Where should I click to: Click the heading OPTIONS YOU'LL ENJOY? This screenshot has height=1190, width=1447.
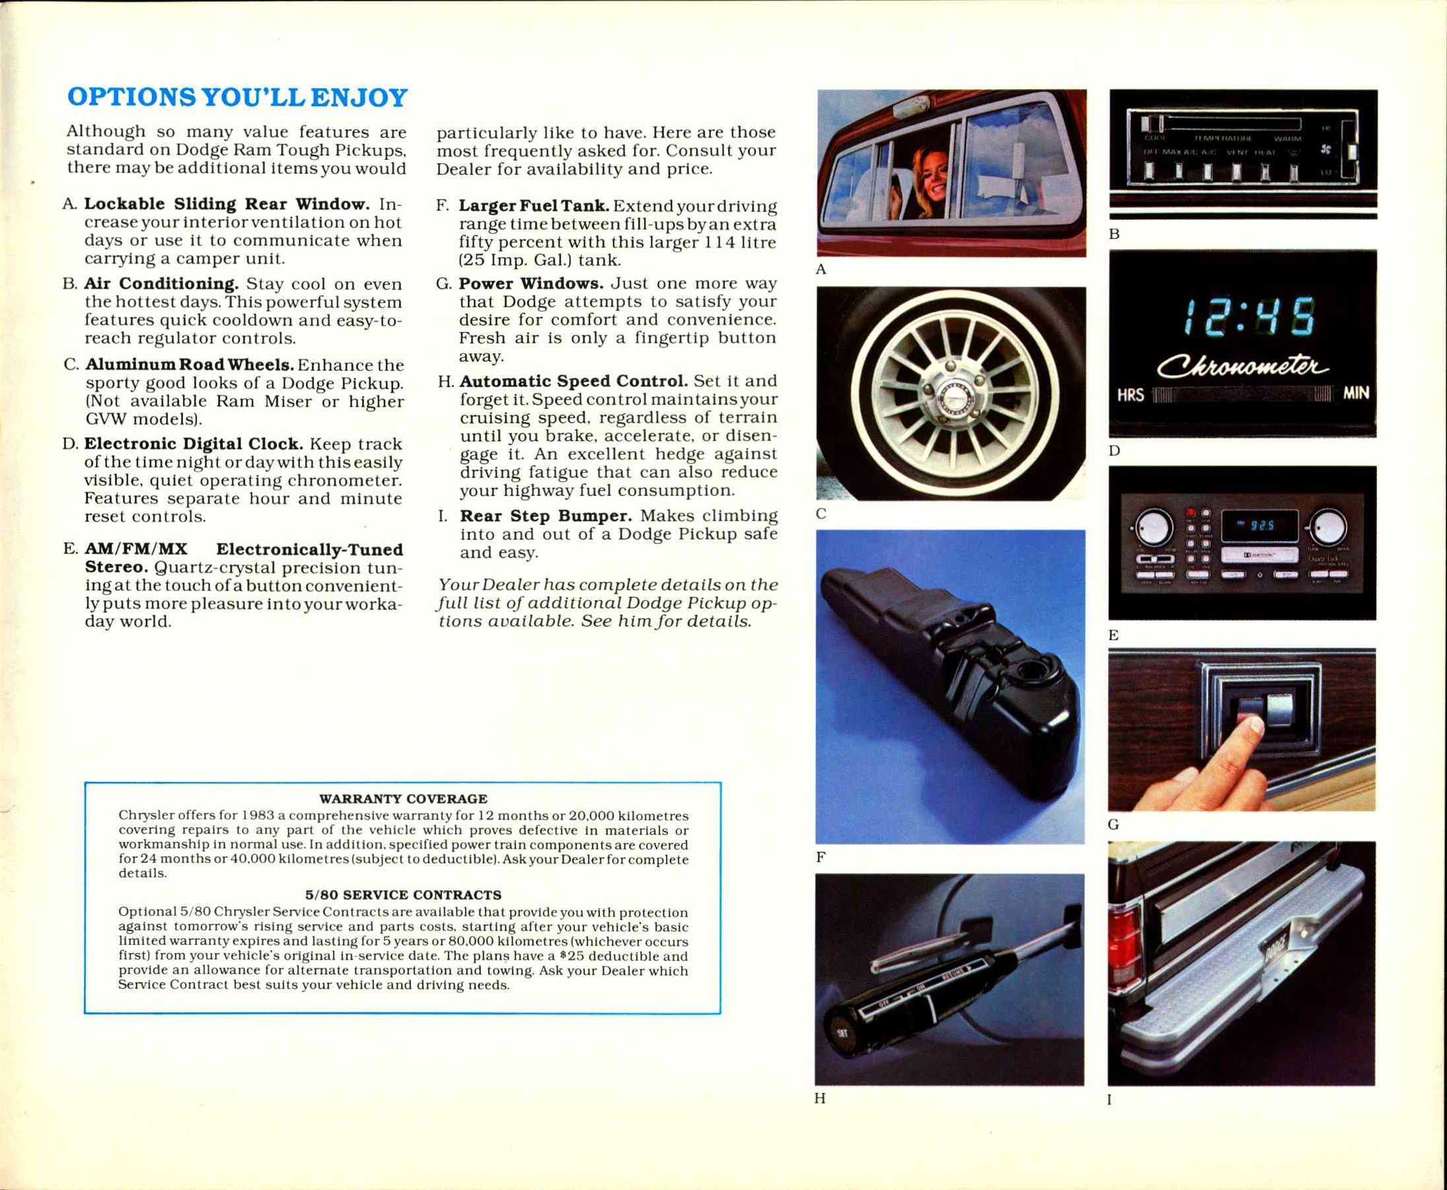[x=237, y=97]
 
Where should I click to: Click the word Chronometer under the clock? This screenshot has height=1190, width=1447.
[x=1242, y=366]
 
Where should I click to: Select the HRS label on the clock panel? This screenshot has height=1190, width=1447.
[x=1130, y=395]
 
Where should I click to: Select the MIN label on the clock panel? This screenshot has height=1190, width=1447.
[x=1355, y=393]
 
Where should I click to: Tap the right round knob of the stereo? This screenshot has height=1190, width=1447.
[x=1328, y=526]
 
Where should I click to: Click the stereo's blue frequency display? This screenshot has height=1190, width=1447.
[x=1259, y=525]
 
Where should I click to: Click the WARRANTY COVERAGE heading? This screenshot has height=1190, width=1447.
[x=403, y=798]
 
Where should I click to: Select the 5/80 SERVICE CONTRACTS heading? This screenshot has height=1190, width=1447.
[x=403, y=895]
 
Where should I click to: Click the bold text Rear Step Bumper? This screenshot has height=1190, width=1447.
[x=545, y=516]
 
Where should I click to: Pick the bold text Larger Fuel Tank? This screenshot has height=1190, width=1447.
[x=533, y=205]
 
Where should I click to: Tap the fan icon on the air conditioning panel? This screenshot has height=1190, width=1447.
[x=1325, y=149]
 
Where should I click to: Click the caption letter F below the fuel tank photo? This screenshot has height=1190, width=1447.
[x=820, y=857]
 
